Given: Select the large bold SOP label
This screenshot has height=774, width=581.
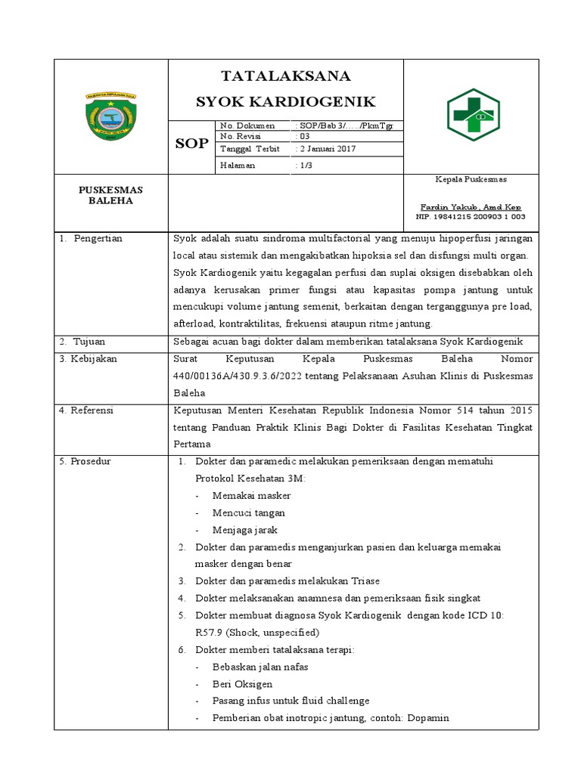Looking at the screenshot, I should pos(191,143).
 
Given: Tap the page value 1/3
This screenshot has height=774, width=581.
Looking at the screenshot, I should pos(305,165).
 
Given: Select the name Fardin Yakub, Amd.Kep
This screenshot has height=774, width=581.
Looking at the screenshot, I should pos(471,207).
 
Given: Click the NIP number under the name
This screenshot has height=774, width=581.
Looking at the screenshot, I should pos(471,217).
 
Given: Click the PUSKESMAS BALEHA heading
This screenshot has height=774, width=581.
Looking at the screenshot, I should pos(110,195).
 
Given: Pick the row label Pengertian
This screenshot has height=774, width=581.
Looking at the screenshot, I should pos(97,239).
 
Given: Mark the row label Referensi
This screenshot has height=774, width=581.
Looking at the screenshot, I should pos(92,410).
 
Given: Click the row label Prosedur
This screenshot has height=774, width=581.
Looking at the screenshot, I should pos(90,461).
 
